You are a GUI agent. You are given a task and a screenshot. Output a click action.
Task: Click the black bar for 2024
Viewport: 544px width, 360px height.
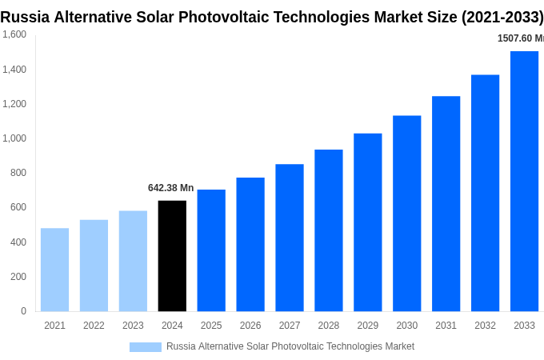point(172,256)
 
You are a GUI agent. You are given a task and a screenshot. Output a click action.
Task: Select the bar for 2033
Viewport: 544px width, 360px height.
point(524,181)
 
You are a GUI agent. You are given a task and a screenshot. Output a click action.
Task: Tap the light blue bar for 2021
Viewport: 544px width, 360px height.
point(54,270)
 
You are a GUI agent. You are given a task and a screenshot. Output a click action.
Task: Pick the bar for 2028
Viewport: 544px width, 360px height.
point(328,230)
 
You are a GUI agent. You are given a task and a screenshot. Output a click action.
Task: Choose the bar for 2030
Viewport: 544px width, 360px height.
point(406,214)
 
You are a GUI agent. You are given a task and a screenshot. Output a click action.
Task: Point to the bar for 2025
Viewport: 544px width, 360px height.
point(211,250)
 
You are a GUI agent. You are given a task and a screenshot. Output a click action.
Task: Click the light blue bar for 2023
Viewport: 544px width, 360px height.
point(133,261)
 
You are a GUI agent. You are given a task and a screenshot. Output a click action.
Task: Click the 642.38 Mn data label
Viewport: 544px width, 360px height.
point(170,188)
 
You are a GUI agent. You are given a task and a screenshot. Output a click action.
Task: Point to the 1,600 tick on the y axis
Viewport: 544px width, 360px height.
point(14,34)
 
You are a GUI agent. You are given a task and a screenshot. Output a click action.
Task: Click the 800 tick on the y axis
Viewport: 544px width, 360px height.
point(18,173)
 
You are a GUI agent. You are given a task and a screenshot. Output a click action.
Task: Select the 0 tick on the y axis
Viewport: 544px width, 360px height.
point(23,311)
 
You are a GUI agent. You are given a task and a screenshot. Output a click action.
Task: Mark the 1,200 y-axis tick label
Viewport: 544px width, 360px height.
point(14,104)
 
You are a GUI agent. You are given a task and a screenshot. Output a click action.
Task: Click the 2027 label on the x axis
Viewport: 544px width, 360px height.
point(290,326)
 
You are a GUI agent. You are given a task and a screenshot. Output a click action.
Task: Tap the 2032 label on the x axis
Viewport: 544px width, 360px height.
point(485,326)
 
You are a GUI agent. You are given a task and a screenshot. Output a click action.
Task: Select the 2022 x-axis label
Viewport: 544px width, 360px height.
point(94,326)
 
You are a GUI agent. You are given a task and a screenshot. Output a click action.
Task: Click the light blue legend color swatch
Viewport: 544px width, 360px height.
point(146,347)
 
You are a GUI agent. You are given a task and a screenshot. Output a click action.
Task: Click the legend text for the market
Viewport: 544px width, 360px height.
point(290,346)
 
